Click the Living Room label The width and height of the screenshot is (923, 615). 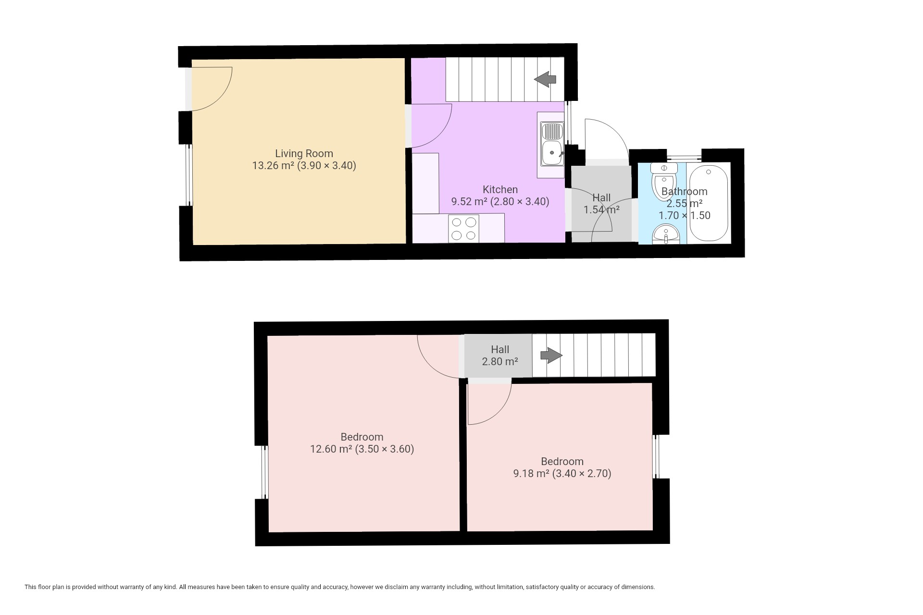click(304, 154)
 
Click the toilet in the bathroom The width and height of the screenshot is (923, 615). click(663, 183)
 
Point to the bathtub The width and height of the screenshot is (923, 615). click(709, 203)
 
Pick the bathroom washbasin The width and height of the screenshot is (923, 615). click(666, 234)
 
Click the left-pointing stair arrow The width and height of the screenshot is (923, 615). click(545, 79)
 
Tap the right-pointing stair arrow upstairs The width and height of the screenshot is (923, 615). click(551, 356)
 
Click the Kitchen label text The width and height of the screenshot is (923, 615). click(500, 190)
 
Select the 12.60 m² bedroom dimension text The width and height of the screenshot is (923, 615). click(362, 449)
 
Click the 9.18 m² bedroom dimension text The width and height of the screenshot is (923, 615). click(562, 474)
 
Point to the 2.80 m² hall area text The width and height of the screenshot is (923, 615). click(500, 362)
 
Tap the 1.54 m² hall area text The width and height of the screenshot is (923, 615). click(601, 209)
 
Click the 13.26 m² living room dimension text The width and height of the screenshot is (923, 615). click(304, 166)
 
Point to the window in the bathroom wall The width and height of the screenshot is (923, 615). click(684, 157)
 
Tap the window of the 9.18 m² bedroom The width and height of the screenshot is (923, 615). click(655, 456)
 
